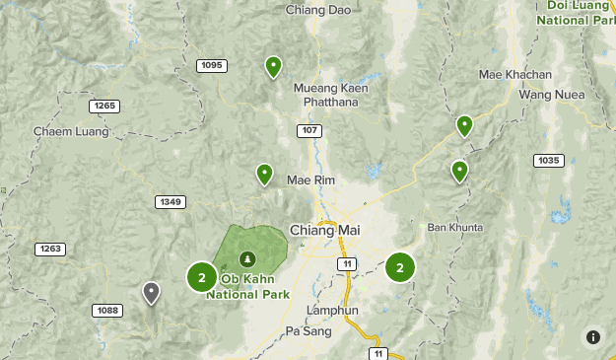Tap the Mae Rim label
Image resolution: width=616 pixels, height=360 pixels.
pos(305,180)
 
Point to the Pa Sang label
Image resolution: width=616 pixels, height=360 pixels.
pos(305,331)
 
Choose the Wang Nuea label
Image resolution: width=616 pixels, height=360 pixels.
pos(547,95)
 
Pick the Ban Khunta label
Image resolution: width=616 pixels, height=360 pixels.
pos(455,228)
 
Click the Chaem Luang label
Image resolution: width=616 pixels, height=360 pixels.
pos(61,130)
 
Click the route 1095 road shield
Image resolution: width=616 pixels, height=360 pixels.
pos(211,65)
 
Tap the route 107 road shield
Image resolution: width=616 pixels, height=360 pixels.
pos(309,130)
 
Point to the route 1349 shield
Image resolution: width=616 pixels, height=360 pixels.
pos(170,202)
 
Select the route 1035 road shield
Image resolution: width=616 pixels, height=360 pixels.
pos(547,160)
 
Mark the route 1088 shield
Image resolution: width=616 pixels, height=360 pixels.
pos(107,311)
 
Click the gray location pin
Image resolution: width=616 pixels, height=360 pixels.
pos(151,292)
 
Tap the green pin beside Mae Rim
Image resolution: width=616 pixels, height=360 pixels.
pos(264,175)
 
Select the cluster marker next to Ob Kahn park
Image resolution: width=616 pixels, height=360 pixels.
pos(201,277)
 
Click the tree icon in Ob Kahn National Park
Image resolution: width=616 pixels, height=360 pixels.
pos(247,258)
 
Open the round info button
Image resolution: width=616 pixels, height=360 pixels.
pos(592,336)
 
